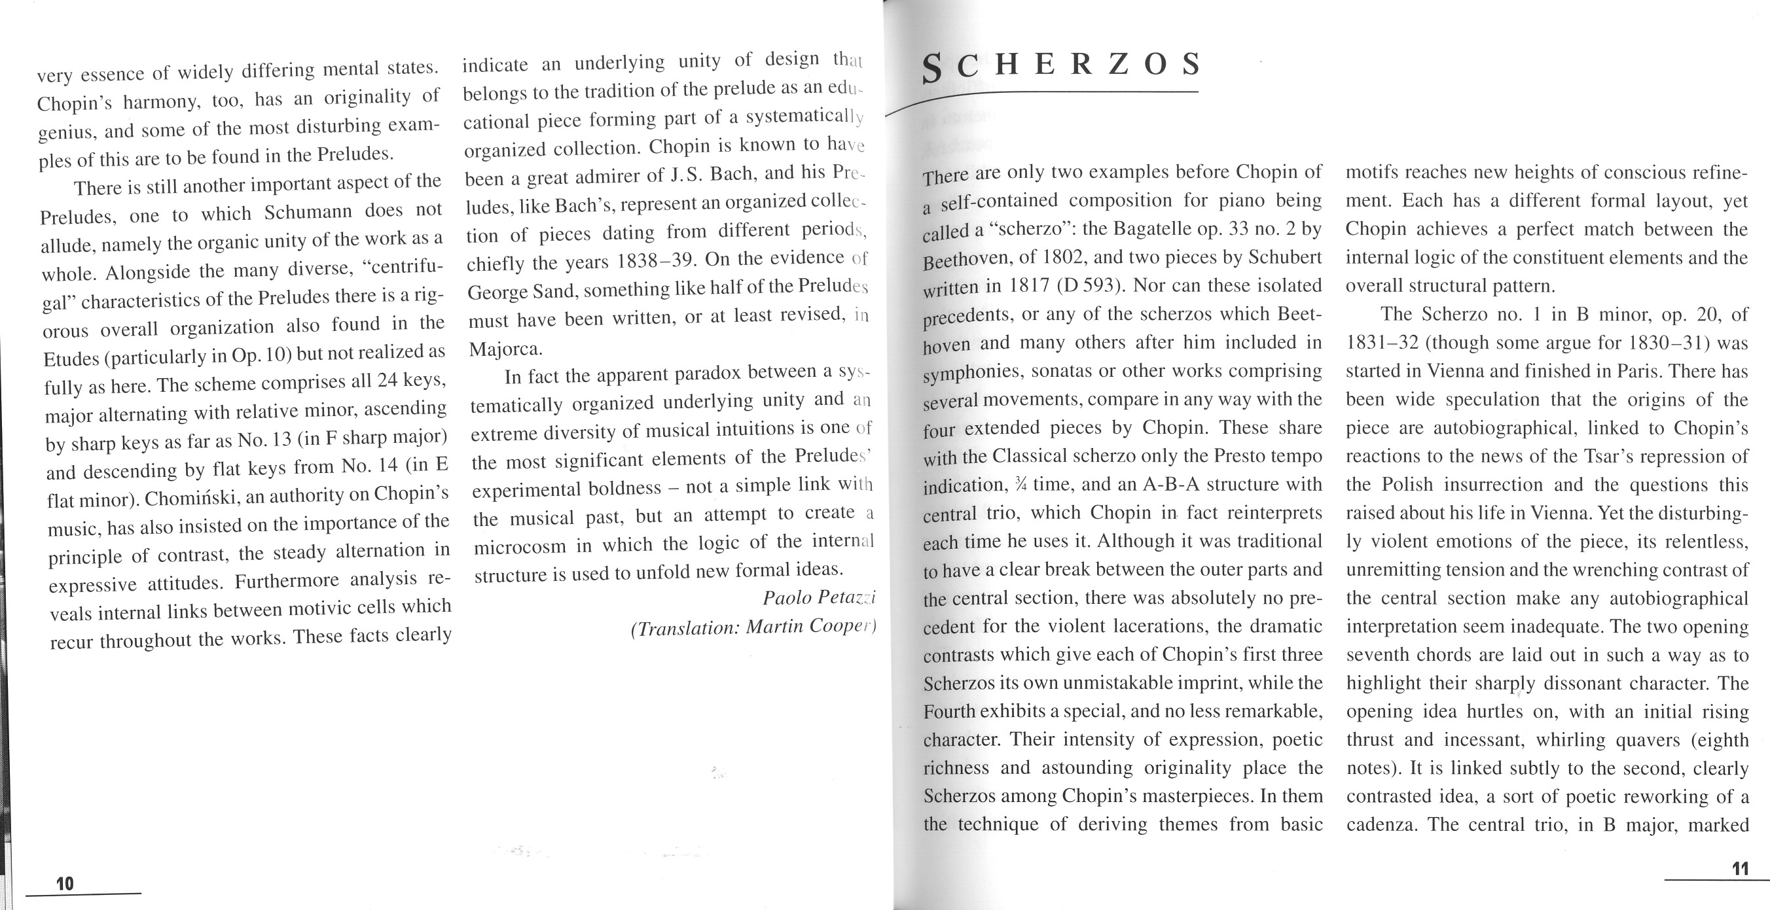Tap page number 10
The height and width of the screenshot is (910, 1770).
(65, 883)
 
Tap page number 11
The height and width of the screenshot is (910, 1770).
(1740, 869)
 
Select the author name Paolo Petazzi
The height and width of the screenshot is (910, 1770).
(819, 598)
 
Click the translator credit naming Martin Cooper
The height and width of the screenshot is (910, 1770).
(753, 627)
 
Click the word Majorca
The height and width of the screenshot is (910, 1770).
(505, 349)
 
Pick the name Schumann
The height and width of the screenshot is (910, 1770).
(310, 211)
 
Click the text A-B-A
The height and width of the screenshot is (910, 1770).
(1171, 484)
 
